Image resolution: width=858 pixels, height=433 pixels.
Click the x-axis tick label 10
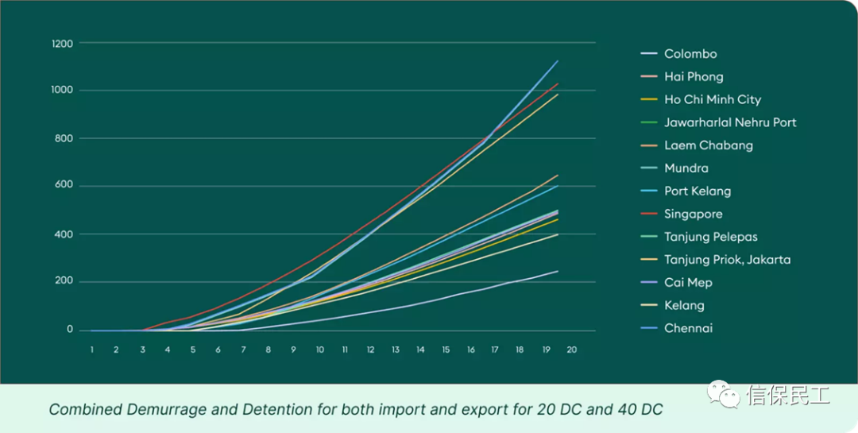(x=319, y=349)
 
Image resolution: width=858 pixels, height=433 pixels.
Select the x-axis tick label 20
(x=571, y=349)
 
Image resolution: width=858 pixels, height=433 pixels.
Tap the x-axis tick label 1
(x=92, y=349)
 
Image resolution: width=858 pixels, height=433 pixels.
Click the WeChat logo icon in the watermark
(x=724, y=394)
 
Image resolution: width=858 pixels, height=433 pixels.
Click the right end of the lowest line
(x=558, y=271)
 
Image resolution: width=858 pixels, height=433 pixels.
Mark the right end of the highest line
(x=558, y=60)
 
